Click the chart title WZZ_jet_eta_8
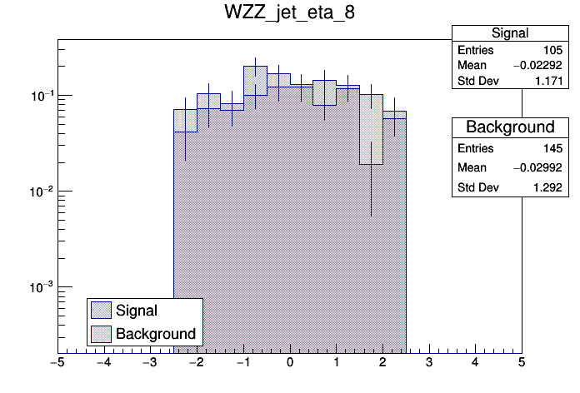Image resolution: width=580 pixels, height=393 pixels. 290,14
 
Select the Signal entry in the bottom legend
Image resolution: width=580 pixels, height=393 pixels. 137,311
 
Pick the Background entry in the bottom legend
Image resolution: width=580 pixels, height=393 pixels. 156,334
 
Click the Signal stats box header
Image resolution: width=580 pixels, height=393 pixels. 510,33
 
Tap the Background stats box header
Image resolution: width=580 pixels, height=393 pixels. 510,127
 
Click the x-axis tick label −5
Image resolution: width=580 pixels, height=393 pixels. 57,363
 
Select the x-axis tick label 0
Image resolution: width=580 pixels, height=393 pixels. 290,363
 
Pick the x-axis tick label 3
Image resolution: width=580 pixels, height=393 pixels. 429,363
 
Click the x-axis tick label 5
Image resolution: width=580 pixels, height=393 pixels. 522,363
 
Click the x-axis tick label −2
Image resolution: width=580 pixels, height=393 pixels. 196,363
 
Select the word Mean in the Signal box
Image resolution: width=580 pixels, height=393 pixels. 471,66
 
